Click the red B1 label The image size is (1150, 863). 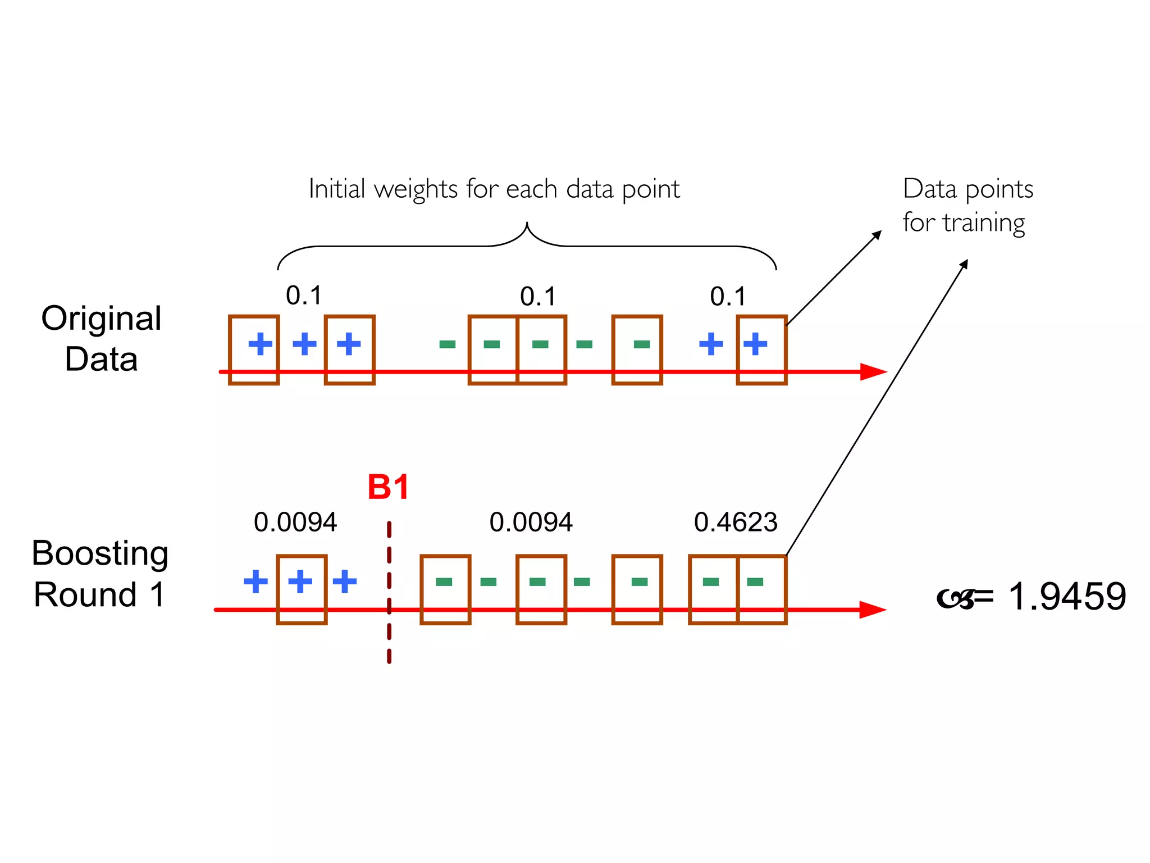click(x=388, y=487)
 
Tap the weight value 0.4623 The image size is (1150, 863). click(x=736, y=523)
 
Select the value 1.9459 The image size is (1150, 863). click(x=1067, y=596)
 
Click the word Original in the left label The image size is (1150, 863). click(x=102, y=319)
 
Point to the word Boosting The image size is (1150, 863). click(x=100, y=553)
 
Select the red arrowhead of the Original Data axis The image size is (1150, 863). click(x=873, y=372)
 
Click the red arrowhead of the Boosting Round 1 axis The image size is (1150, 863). click(x=873, y=610)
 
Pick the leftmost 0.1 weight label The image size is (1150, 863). click(x=304, y=296)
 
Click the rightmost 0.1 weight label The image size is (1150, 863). click(x=728, y=297)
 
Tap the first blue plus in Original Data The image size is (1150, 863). click(x=260, y=344)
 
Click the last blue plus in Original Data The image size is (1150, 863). click(x=755, y=344)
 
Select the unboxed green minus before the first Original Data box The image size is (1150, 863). click(x=447, y=344)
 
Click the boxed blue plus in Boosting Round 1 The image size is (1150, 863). click(x=300, y=582)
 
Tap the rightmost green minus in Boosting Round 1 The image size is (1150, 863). click(x=755, y=582)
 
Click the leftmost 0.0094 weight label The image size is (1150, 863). click(x=295, y=523)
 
